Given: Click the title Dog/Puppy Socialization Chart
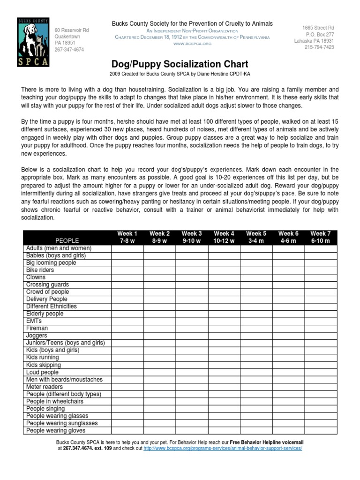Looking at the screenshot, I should (x=180, y=64).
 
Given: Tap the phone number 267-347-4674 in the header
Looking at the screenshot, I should (x=69, y=50).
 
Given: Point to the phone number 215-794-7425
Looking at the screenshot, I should (x=319, y=47).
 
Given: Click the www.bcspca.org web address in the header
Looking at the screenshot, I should (x=192, y=44).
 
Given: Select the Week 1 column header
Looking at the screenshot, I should (x=127, y=237).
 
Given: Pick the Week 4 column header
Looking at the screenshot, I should (x=224, y=237).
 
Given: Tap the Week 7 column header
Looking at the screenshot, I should (x=321, y=237).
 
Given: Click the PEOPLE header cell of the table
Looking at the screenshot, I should (x=67, y=240).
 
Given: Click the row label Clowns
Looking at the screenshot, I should (x=36, y=277).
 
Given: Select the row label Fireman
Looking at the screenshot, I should (x=37, y=329).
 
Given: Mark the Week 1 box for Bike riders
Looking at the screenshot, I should (x=127, y=270).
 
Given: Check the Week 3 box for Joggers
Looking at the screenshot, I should (x=192, y=336).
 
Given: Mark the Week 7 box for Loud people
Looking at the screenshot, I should (x=321, y=372).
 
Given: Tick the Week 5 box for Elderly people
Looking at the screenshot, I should (x=256, y=314).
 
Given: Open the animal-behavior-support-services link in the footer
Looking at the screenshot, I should (x=222, y=448).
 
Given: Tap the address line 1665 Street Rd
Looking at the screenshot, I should (x=318, y=29).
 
